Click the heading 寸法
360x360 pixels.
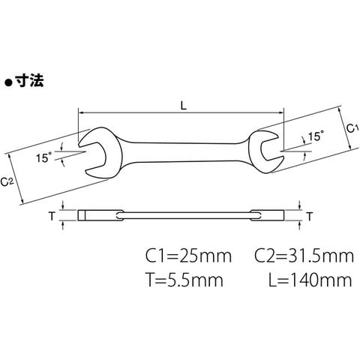[29, 80]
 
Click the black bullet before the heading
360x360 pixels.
[9, 82]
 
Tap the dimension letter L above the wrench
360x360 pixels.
[184, 106]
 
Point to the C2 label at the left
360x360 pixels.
[6, 181]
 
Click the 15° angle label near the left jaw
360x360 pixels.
[43, 157]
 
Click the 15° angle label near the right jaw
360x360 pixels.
[316, 136]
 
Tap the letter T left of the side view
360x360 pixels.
[52, 216]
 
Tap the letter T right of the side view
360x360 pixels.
[310, 217]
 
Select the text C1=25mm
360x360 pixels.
[189, 256]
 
